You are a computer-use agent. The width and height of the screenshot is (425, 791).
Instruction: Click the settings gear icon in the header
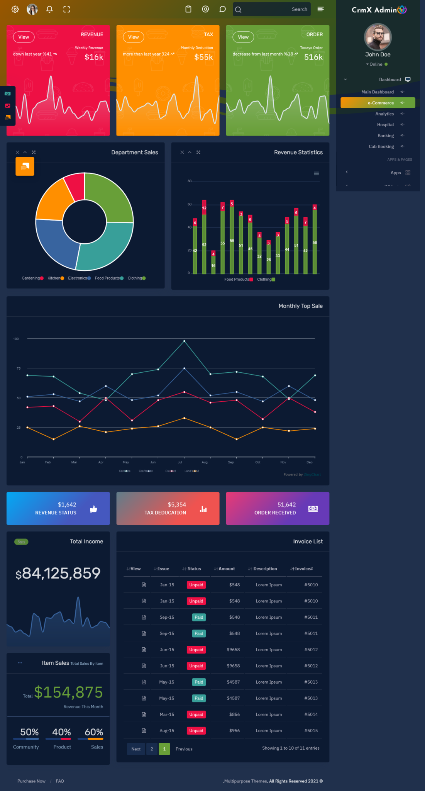(x=15, y=9)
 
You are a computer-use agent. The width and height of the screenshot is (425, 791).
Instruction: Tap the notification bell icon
(x=49, y=9)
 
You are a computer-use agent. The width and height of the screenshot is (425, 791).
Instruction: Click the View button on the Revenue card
(x=24, y=37)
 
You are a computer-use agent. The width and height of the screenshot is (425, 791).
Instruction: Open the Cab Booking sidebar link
(x=381, y=146)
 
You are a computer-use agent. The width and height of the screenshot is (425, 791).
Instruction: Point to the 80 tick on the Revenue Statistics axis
(x=190, y=181)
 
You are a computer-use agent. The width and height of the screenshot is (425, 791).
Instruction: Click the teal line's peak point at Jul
(x=184, y=341)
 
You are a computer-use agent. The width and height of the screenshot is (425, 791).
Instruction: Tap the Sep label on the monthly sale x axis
(x=231, y=462)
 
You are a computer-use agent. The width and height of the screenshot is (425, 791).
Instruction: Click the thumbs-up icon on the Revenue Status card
(x=93, y=509)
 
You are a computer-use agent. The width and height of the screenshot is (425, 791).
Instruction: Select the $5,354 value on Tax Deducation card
(x=177, y=504)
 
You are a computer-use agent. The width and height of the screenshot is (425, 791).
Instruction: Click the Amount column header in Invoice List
(x=226, y=569)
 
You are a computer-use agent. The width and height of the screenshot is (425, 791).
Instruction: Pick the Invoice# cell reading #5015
(x=311, y=731)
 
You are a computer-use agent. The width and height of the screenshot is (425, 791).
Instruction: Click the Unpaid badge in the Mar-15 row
(x=196, y=715)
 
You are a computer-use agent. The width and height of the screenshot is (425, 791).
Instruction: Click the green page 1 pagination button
(x=164, y=749)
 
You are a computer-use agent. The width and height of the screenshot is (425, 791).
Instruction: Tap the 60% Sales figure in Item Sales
(x=94, y=732)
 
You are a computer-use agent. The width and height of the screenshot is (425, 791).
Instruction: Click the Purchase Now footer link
(x=31, y=781)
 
